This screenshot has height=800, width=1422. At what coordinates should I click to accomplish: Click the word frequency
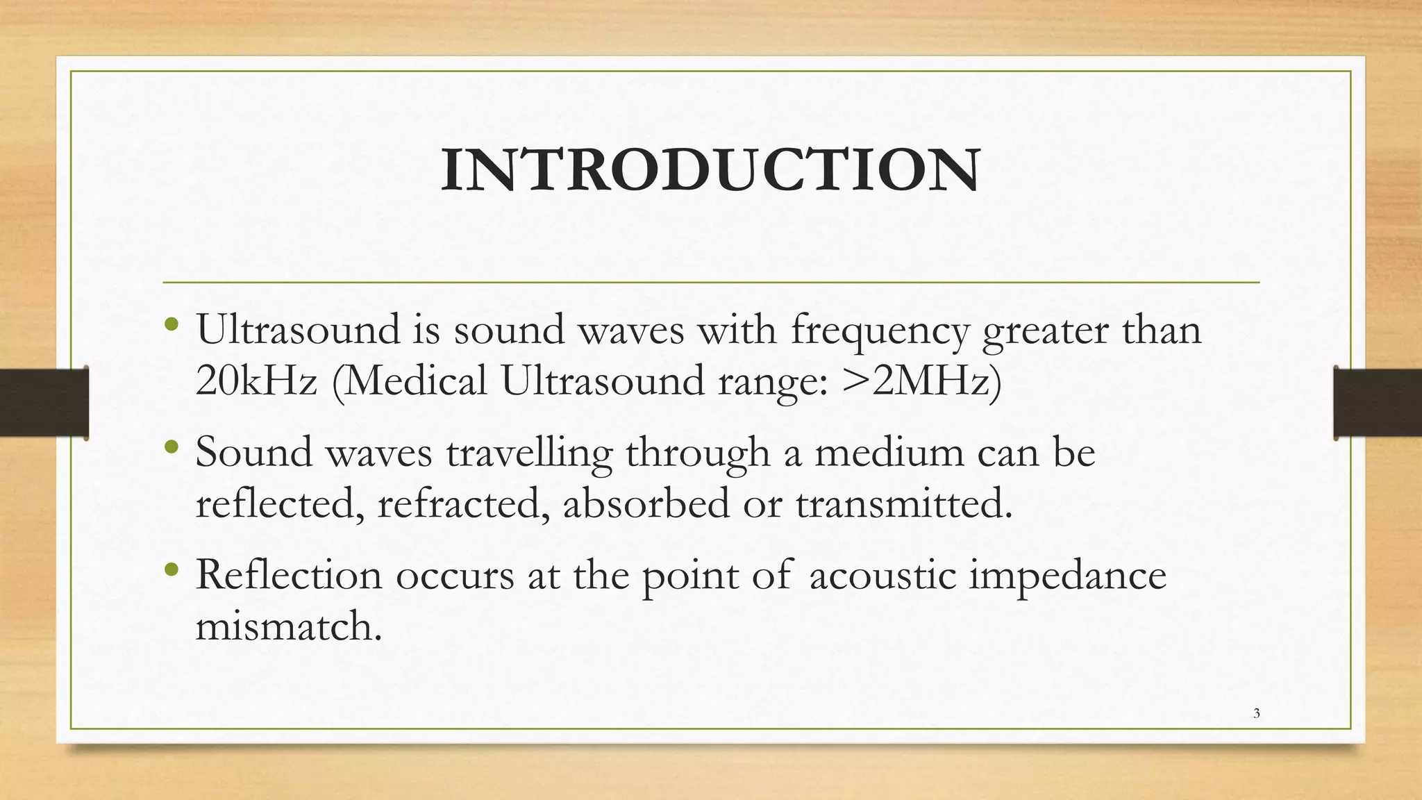879,331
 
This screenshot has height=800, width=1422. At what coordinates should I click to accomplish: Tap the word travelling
529,453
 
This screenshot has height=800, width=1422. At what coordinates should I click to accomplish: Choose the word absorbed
646,503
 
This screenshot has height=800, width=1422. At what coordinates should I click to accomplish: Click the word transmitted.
903,503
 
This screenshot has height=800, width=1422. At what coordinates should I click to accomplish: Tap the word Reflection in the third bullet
289,575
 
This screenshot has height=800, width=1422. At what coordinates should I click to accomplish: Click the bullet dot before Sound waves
172,447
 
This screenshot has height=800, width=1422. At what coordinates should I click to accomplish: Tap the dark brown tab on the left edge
44,403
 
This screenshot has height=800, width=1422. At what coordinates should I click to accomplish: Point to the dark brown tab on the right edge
1378,403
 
